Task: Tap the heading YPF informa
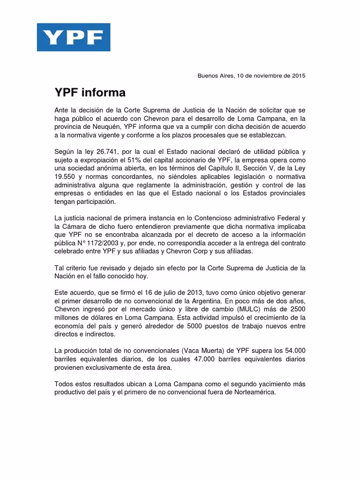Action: (90, 93)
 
